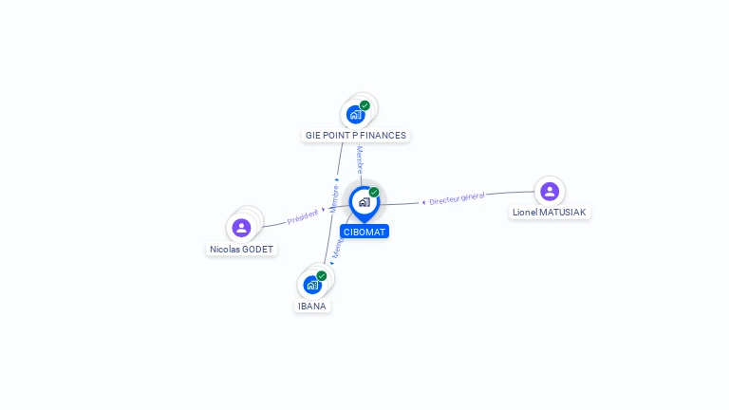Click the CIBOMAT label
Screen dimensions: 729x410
pos(364,232)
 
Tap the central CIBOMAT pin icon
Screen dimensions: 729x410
pos(364,202)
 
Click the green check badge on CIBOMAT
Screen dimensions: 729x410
pos(374,193)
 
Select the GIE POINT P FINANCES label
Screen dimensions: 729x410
pos(356,136)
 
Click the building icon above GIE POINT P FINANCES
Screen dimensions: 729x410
pos(356,115)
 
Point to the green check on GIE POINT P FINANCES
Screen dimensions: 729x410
pos(365,105)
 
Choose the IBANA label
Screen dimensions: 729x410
pos(312,306)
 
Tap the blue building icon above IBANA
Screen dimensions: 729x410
pos(312,285)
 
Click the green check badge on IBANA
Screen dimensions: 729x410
pos(322,275)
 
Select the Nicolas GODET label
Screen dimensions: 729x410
pos(241,250)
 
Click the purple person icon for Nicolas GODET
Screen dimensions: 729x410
pos(241,228)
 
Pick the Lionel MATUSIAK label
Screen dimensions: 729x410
pos(550,213)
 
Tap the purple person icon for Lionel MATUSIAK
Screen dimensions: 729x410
pos(550,192)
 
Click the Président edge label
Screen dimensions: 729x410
pos(302,217)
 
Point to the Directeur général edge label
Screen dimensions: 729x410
pos(457,198)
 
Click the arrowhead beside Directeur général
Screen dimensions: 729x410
pos(423,202)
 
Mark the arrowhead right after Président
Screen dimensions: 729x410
pos(323,210)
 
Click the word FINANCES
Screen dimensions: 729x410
pos(383,136)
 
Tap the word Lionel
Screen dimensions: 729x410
pos(525,213)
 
